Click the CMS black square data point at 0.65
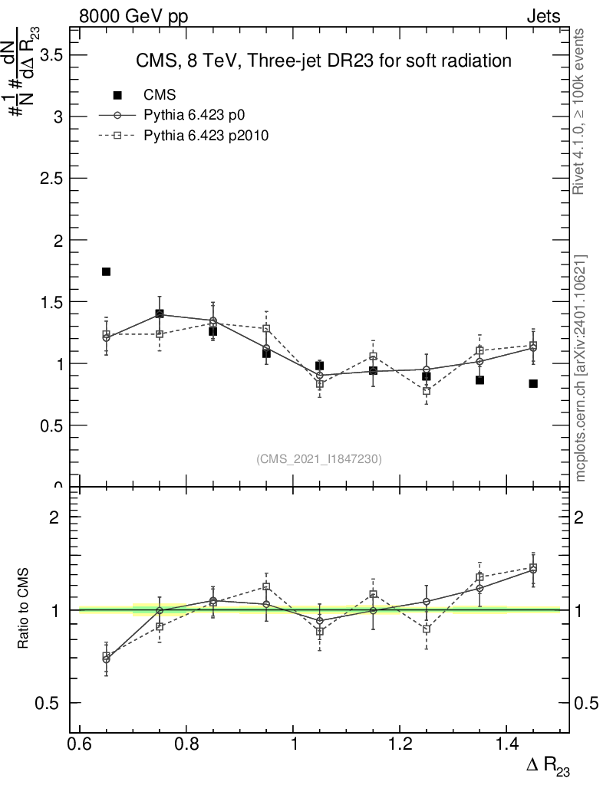tap(107, 271)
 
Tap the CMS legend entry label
tap(160, 95)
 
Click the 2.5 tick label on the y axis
tap(51, 179)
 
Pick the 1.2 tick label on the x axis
tap(399, 744)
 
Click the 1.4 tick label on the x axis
tap(506, 744)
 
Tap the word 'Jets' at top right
tap(542, 16)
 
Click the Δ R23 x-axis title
tap(548, 766)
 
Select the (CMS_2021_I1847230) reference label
tap(319, 459)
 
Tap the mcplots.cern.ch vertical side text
tap(581, 369)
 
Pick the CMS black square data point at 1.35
tap(479, 380)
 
